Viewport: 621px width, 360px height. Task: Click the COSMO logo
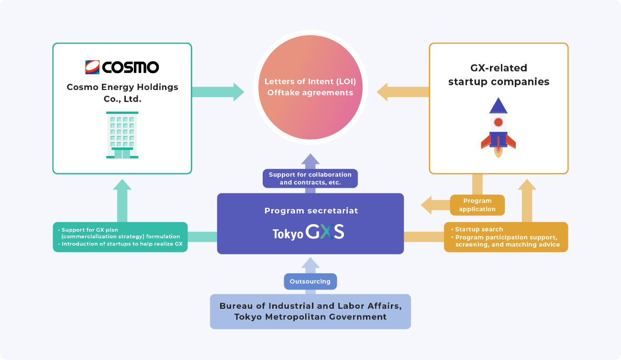tap(122, 67)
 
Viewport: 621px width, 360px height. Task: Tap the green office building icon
tap(122, 135)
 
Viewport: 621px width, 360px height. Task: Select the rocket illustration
tap(498, 128)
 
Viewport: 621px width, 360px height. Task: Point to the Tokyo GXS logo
tap(309, 233)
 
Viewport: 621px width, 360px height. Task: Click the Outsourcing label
tap(310, 281)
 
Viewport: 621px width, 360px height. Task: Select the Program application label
tap(477, 205)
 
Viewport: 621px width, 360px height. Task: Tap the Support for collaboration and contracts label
tap(310, 178)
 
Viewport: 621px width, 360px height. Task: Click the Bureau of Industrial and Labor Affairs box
tap(310, 311)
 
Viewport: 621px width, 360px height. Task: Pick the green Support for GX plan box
tap(120, 237)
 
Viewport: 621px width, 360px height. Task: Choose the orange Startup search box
tap(506, 237)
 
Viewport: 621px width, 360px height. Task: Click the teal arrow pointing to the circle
tap(218, 91)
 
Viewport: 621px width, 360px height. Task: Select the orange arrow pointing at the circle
tap(402, 91)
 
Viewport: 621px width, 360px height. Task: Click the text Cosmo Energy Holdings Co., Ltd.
tap(122, 92)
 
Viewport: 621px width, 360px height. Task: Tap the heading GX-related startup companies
tap(499, 75)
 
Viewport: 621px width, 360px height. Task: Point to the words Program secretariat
tap(311, 211)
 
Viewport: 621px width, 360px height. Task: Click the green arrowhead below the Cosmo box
tap(122, 185)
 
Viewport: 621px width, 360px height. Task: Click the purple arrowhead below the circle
tap(310, 160)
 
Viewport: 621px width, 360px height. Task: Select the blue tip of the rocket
tap(499, 106)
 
